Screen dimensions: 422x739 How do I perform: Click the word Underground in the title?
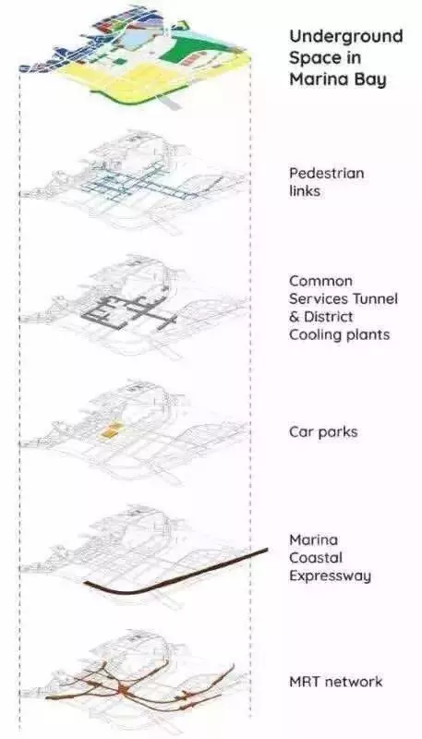click(345, 36)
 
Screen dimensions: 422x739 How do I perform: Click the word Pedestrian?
click(326, 173)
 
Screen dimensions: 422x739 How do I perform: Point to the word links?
click(304, 191)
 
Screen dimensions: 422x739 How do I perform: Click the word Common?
click(320, 281)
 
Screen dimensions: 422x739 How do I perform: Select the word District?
click(329, 317)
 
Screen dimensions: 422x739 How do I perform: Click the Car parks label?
click(323, 431)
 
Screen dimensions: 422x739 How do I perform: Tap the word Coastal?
click(316, 558)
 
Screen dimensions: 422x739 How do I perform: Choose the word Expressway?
click(331, 575)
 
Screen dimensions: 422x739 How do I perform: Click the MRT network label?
click(336, 682)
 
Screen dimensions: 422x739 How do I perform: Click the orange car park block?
click(111, 431)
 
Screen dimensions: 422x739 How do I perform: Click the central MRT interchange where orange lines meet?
click(124, 690)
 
